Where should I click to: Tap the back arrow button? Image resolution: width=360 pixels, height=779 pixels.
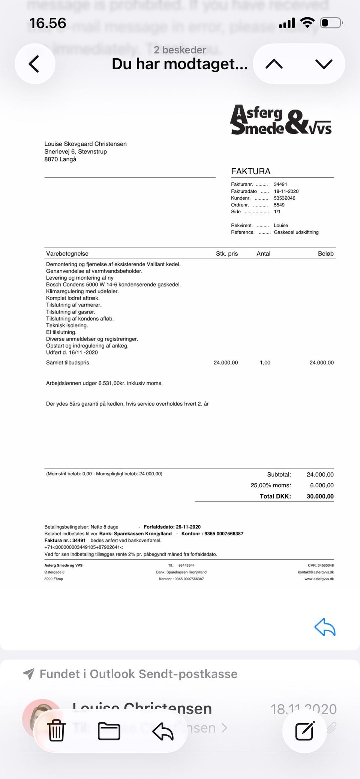point(34,64)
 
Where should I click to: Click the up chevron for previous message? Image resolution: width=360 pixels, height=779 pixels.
point(274,64)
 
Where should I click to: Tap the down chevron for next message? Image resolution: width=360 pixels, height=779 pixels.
point(324,64)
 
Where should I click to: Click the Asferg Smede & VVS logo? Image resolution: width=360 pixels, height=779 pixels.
point(281,120)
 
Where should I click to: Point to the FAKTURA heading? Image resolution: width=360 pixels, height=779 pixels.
point(250,171)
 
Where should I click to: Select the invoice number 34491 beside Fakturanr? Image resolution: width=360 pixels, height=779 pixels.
point(280,184)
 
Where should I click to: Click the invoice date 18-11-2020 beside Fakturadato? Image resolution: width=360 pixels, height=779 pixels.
point(286,191)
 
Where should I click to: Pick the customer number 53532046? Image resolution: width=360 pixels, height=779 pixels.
point(284,198)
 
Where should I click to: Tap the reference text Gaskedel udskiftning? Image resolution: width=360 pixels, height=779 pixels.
point(296,232)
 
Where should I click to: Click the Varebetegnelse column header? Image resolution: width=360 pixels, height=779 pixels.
point(67,254)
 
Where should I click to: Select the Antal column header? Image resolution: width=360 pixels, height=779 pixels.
point(263,254)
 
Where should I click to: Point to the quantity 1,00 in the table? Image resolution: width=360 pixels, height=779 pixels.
point(265,363)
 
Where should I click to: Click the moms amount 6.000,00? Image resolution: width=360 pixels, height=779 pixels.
point(321,485)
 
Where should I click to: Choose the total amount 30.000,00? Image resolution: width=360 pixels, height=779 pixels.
point(320,496)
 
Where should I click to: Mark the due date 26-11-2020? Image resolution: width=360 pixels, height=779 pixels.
point(188,527)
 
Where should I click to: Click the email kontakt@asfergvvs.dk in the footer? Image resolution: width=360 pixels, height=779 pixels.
point(316,572)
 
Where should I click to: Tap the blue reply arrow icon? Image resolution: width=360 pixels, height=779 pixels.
point(325,627)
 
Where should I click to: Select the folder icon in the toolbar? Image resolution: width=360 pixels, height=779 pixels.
point(109,731)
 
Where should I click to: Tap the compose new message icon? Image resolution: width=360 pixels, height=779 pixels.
point(304,731)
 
